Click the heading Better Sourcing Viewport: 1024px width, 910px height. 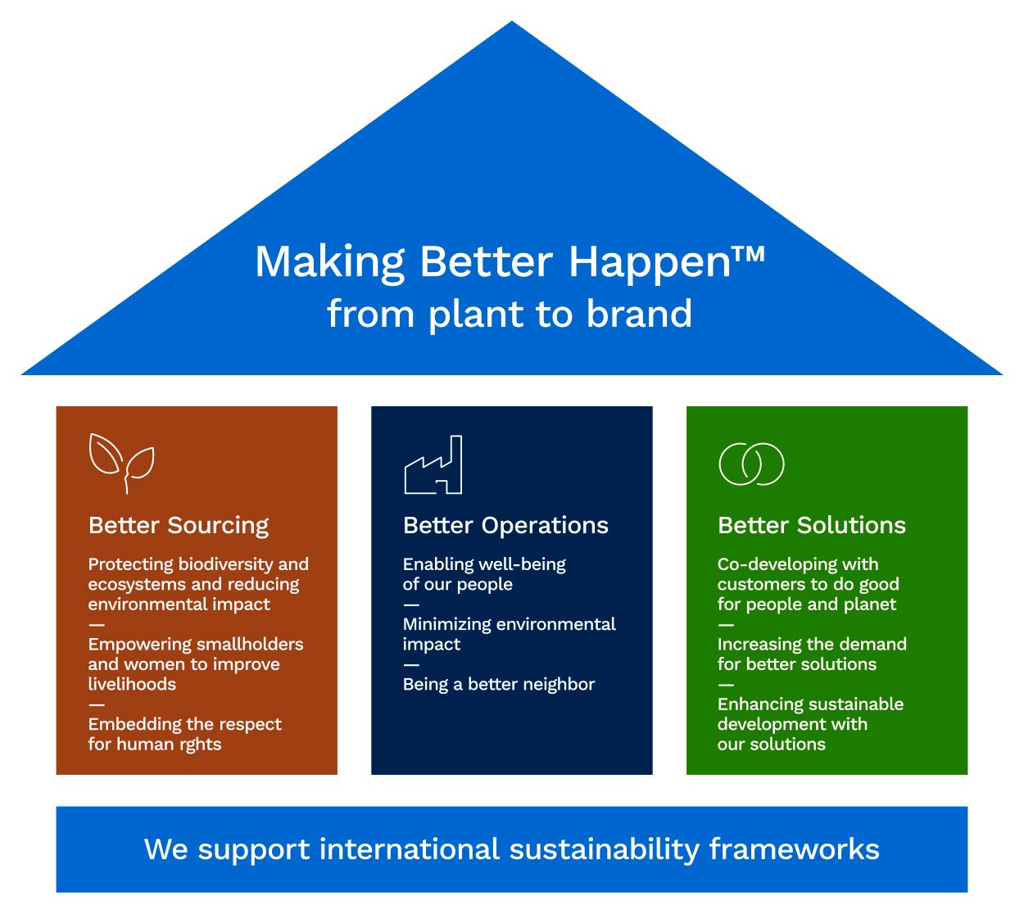click(x=179, y=526)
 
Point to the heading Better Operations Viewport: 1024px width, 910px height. click(x=505, y=526)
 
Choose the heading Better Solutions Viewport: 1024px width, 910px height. click(x=811, y=525)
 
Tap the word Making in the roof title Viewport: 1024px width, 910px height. click(x=329, y=263)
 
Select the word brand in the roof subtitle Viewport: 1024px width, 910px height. click(x=639, y=314)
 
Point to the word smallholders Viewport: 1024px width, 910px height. click(x=250, y=644)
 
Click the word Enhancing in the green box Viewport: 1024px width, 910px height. click(x=758, y=704)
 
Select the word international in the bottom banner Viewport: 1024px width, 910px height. click(x=410, y=849)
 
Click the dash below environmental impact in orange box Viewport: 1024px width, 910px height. click(x=96, y=625)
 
